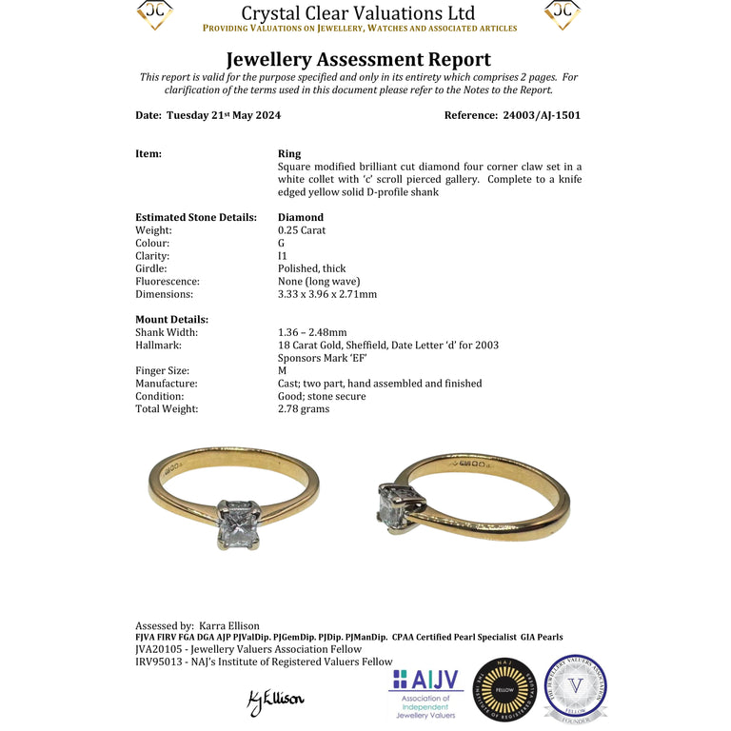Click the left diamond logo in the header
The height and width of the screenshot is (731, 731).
[x=154, y=14]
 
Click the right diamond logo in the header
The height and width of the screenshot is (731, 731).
[x=563, y=14]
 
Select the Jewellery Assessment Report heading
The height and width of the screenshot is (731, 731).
[x=358, y=60]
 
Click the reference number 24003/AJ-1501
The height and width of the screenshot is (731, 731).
[x=540, y=115]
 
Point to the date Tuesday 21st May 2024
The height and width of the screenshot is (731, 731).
[x=223, y=115]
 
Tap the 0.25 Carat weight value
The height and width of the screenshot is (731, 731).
[x=302, y=230]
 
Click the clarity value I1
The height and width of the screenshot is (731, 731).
[x=283, y=256]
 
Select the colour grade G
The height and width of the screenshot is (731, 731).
[x=282, y=243]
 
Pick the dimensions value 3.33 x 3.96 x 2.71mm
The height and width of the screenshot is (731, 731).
[x=326, y=294]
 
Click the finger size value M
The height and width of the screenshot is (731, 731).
[x=282, y=370]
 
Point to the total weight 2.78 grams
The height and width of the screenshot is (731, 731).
[x=304, y=408]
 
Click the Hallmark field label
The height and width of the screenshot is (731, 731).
[x=160, y=345]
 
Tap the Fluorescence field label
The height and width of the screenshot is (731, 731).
[x=168, y=282]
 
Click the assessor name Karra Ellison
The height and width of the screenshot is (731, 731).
[x=228, y=625]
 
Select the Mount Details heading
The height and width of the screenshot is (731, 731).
[x=171, y=320]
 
